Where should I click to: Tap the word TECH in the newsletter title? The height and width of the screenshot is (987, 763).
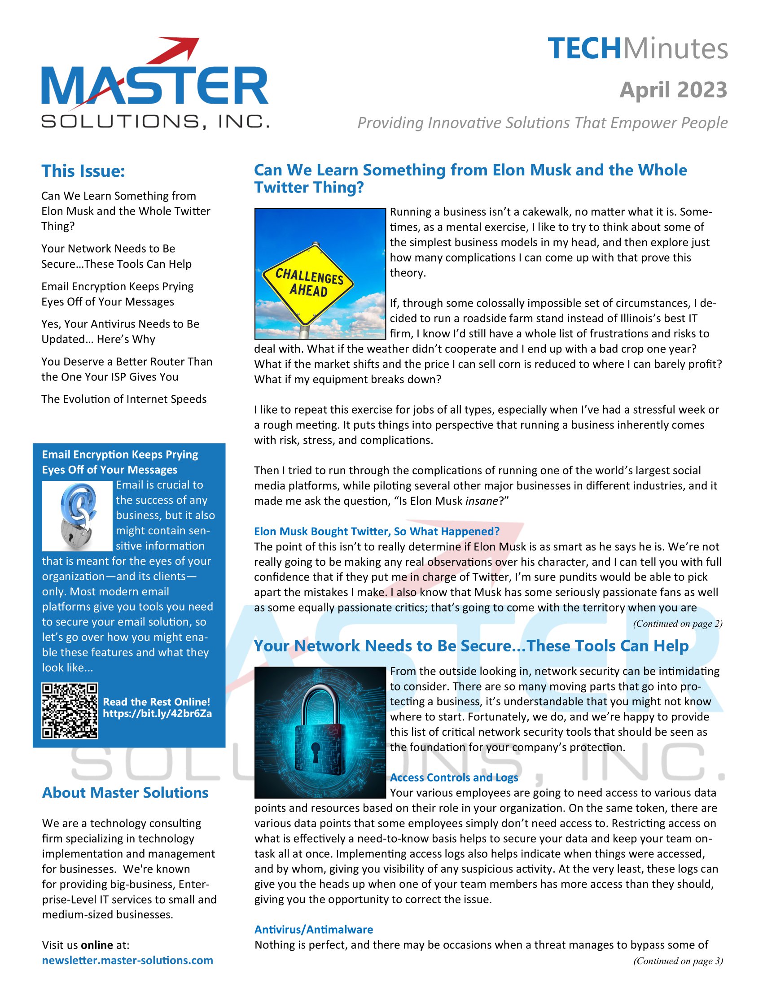pos(584,49)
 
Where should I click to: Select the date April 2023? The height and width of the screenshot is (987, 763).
pos(673,89)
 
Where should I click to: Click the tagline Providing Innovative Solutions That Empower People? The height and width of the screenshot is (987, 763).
pos(543,122)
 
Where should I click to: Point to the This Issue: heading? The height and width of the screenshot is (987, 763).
pos(83,171)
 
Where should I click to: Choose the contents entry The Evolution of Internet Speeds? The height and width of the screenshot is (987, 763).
pos(124,399)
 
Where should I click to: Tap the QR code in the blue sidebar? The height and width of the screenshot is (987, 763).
pos(70,711)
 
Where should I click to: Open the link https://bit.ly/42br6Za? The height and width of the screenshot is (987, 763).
pos(157,714)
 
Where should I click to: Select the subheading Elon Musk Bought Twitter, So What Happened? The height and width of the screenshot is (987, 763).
pos(377,531)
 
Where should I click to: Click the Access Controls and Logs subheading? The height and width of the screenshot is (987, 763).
pos(454,777)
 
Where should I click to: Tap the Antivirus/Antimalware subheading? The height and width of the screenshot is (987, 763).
pos(314,929)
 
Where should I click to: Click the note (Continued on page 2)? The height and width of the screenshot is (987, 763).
pos(678,624)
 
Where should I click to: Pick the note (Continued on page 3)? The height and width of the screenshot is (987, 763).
pos(678,961)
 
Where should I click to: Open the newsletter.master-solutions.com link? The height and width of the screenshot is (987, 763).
pos(127,960)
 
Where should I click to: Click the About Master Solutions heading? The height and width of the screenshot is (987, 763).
pos(125,793)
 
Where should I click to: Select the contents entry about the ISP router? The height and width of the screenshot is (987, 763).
pos(127,369)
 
